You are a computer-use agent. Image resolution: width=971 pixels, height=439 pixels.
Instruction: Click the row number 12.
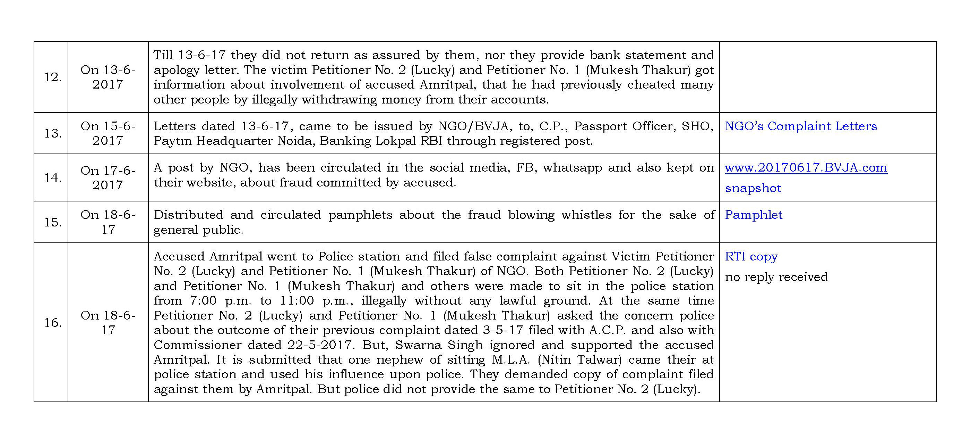(x=53, y=77)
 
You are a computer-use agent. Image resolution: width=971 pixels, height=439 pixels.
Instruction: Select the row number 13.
(x=53, y=133)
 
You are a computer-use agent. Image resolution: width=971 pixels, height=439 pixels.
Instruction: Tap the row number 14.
(x=53, y=178)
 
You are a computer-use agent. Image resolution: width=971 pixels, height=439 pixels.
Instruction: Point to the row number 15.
(x=53, y=222)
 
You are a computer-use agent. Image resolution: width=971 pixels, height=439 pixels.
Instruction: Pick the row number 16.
(x=53, y=323)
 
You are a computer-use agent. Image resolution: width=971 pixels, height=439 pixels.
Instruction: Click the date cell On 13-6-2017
(x=108, y=77)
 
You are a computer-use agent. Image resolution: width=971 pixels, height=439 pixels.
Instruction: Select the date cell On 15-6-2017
(x=108, y=133)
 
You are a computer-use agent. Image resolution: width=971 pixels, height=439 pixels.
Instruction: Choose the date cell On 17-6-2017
(x=108, y=178)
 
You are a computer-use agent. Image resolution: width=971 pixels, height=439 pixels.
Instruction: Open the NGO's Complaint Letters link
(x=801, y=126)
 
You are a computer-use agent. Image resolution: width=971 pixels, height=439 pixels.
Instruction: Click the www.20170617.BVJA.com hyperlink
(x=806, y=168)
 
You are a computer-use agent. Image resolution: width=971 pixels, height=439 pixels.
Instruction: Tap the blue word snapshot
(x=753, y=188)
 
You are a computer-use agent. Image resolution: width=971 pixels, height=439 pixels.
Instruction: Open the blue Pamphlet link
(x=754, y=215)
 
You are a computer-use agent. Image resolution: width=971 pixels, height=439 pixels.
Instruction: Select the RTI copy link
(x=751, y=256)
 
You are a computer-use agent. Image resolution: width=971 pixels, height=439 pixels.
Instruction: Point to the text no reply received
(x=776, y=277)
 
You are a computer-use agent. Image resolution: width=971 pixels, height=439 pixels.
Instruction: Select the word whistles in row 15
(x=586, y=215)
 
